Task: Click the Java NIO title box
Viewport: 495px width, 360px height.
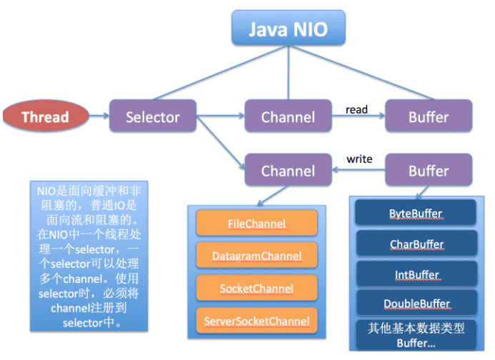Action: (288, 29)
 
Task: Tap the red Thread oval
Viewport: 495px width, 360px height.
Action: (46, 116)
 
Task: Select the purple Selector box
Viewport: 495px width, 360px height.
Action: (152, 116)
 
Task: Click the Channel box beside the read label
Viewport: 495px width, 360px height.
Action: (288, 116)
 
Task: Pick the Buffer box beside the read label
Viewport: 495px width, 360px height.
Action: (429, 116)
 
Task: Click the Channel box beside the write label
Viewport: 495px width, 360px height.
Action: (288, 171)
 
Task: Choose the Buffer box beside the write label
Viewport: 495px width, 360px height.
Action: (429, 171)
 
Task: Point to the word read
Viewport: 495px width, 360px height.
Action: (356, 109)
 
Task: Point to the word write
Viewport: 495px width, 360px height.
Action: (359, 159)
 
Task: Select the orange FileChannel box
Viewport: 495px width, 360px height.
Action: (256, 224)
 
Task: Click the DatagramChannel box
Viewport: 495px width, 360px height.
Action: (256, 255)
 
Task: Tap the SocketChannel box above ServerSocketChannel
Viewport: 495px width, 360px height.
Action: (256, 288)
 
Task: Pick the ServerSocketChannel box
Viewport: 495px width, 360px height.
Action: (256, 321)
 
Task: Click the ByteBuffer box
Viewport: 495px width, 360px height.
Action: (416, 214)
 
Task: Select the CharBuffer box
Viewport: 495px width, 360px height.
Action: (416, 244)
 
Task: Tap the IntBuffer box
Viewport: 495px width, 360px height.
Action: (416, 275)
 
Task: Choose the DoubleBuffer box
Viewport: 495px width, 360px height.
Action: (416, 304)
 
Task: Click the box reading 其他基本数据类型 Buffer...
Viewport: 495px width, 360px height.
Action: (416, 334)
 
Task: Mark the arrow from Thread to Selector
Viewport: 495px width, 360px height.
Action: (99, 116)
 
